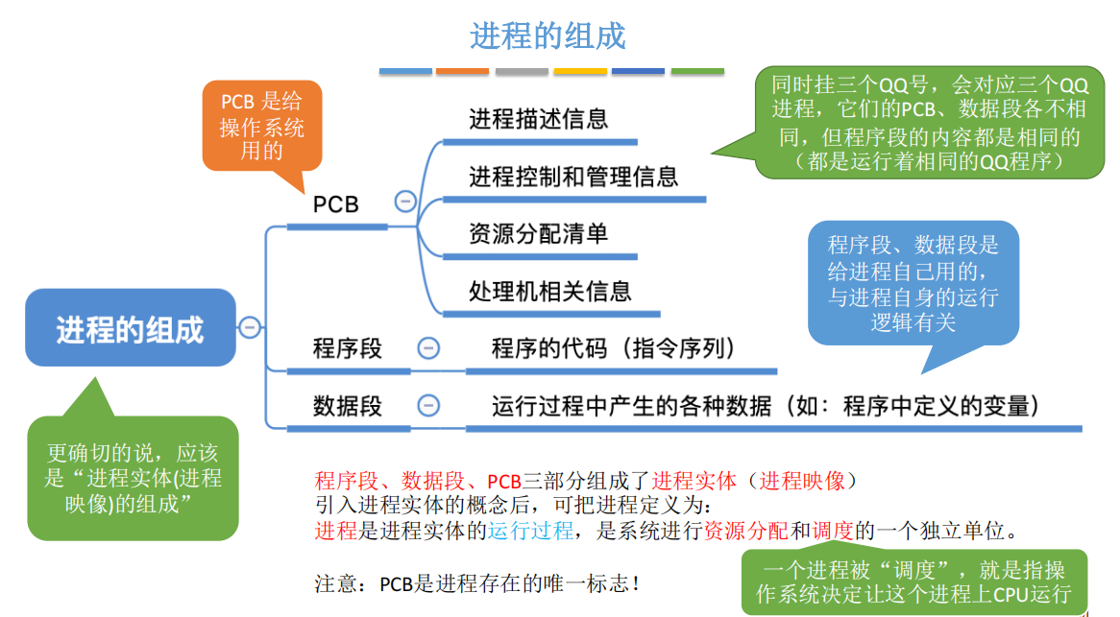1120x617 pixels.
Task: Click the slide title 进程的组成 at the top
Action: pyautogui.click(x=548, y=36)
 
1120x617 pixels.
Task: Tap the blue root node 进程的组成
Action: pyautogui.click(x=131, y=328)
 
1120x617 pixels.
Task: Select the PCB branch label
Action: pyautogui.click(x=335, y=204)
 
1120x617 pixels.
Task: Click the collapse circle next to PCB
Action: pyautogui.click(x=405, y=202)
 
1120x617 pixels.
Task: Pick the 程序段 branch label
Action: pyautogui.click(x=347, y=348)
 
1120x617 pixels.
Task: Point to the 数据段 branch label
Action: pyautogui.click(x=347, y=406)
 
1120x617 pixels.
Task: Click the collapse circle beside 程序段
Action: pyautogui.click(x=429, y=348)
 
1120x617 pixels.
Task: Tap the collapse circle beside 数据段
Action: pyautogui.click(x=429, y=406)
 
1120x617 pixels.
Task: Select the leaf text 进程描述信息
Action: pyautogui.click(x=538, y=119)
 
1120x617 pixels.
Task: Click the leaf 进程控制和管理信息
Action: pyautogui.click(x=573, y=177)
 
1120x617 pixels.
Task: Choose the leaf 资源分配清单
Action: pyautogui.click(x=538, y=234)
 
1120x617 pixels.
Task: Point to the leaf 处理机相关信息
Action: pyautogui.click(x=549, y=291)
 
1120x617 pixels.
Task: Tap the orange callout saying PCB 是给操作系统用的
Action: pyautogui.click(x=261, y=126)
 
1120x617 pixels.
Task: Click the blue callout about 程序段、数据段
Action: pyautogui.click(x=913, y=283)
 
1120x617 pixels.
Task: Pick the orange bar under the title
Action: pyautogui.click(x=462, y=71)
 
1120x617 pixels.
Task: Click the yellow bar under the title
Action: pyautogui.click(x=580, y=71)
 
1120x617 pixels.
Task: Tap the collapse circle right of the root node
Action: pyautogui.click(x=250, y=327)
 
